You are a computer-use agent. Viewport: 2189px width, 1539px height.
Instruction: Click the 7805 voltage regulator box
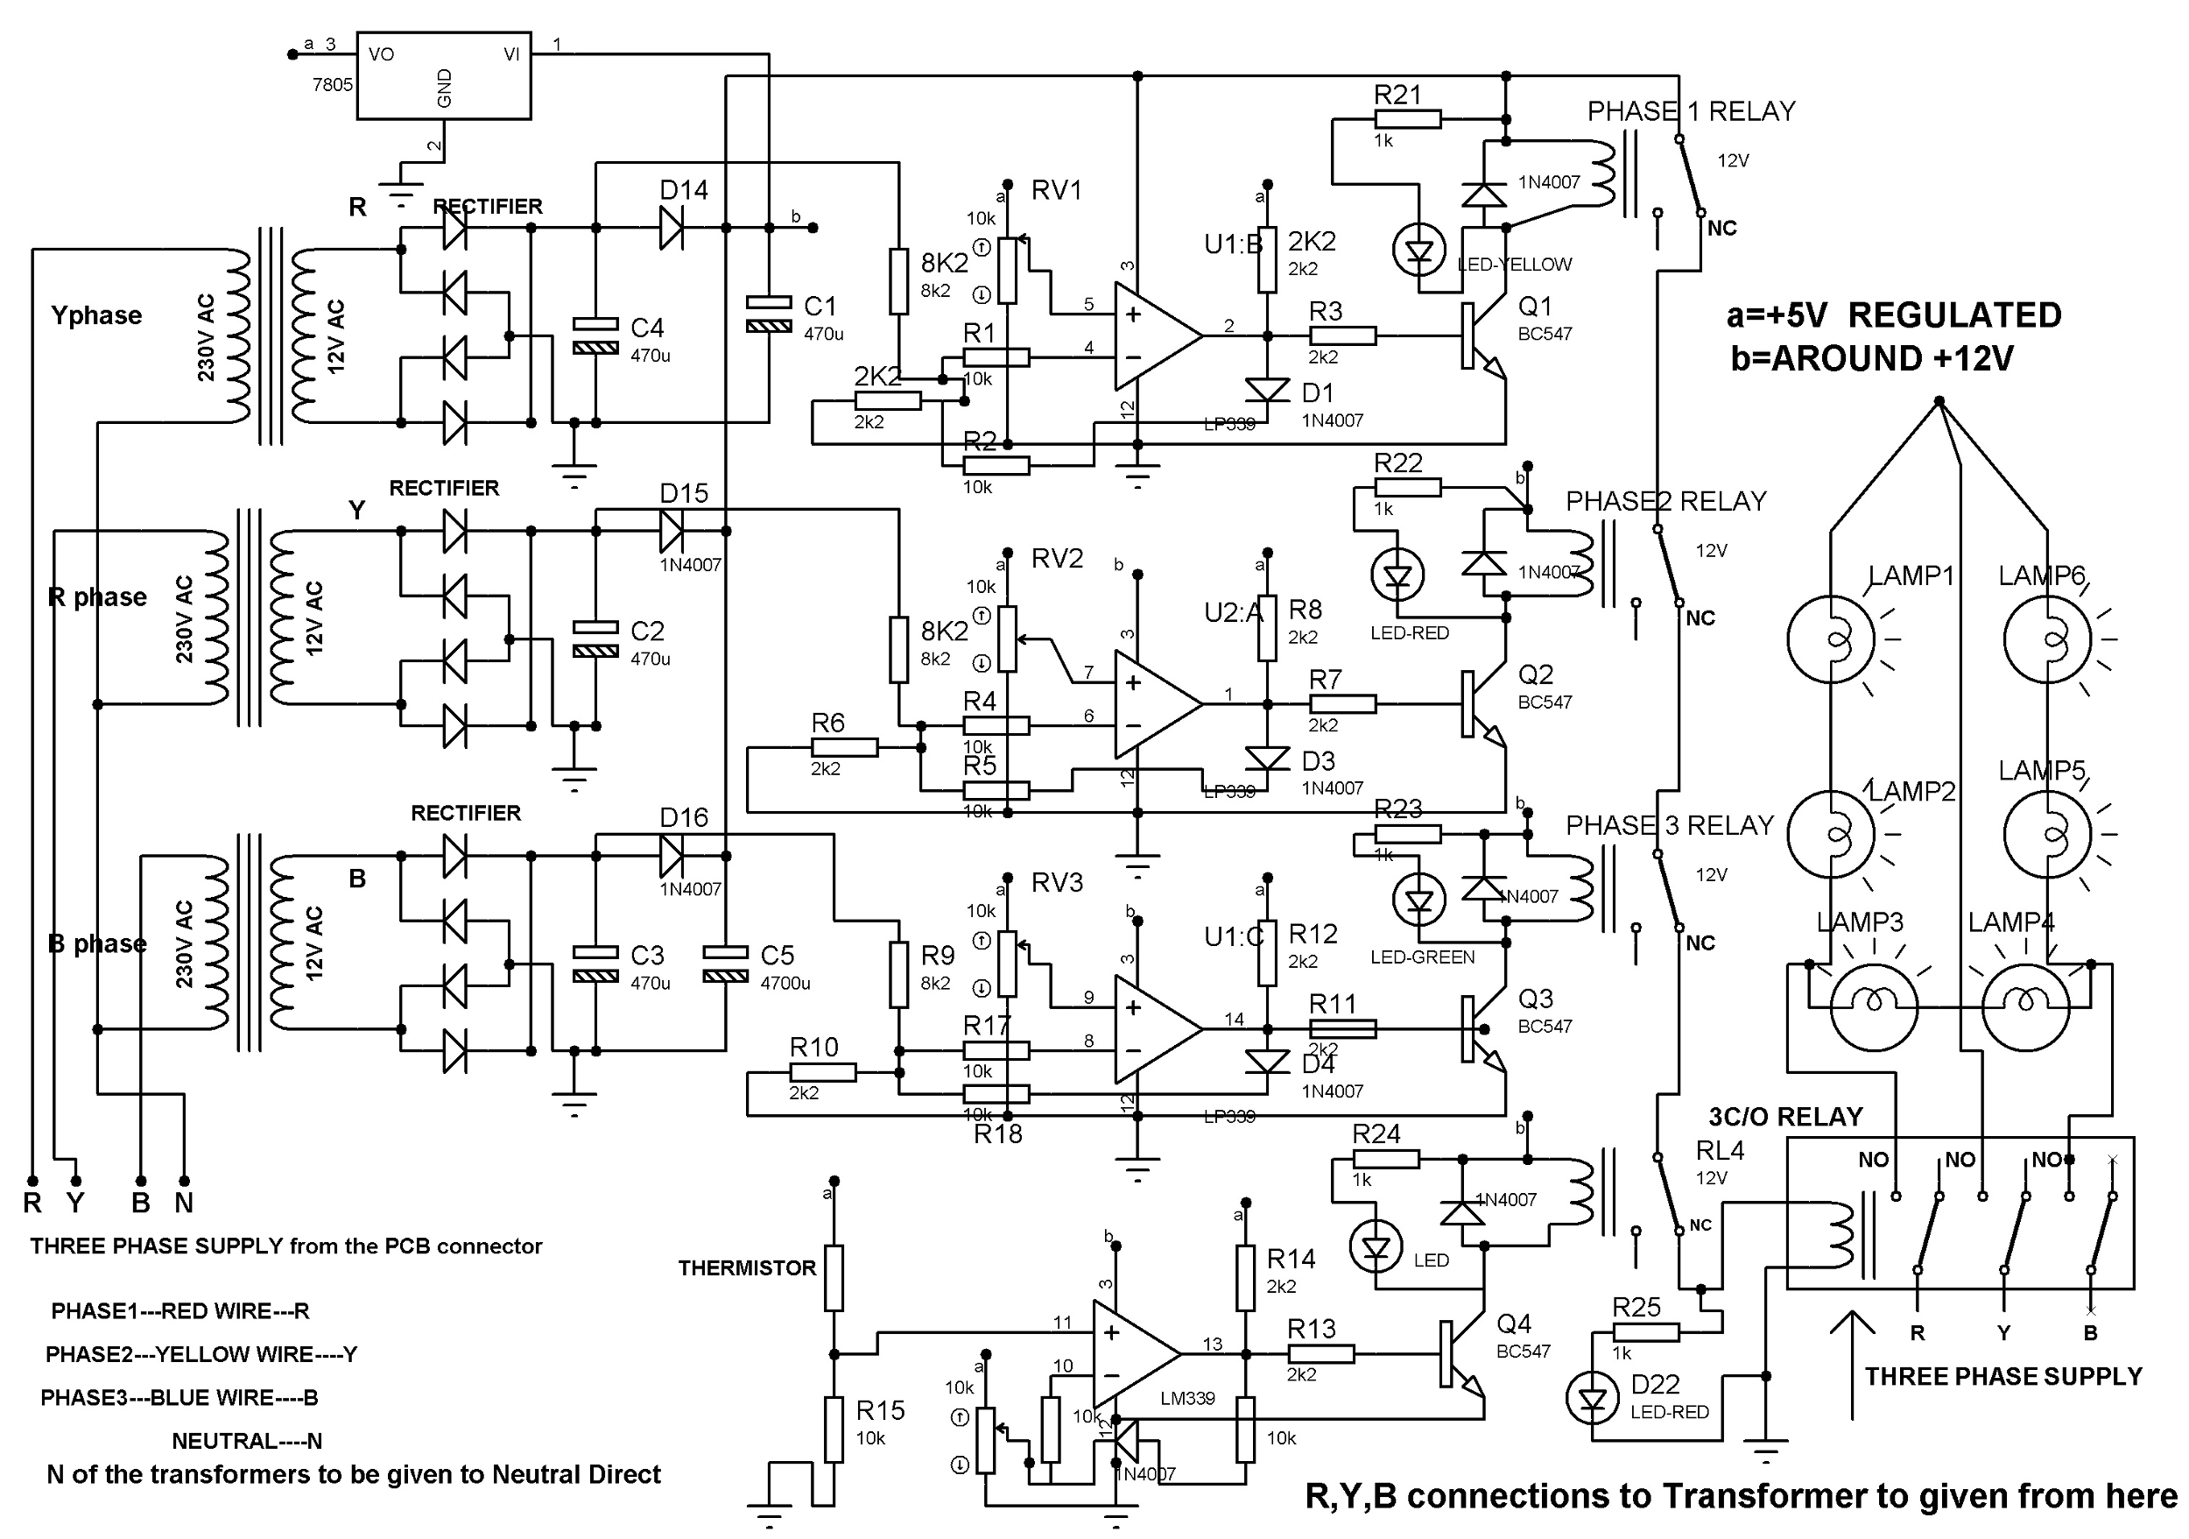pyautogui.click(x=443, y=76)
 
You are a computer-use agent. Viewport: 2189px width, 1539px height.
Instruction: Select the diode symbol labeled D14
pyautogui.click(x=672, y=228)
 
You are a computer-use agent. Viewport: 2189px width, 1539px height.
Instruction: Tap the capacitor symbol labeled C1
pyautogui.click(x=769, y=314)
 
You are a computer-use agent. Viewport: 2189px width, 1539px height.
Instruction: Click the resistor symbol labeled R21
pyautogui.click(x=1407, y=119)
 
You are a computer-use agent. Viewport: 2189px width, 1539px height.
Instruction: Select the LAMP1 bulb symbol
pyautogui.click(x=1831, y=639)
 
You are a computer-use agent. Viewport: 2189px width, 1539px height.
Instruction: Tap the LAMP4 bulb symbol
pyautogui.click(x=2025, y=999)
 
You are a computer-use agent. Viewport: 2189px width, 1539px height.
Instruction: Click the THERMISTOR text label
pyautogui.click(x=747, y=1268)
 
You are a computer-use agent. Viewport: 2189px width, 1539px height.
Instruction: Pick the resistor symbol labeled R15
pyautogui.click(x=834, y=1430)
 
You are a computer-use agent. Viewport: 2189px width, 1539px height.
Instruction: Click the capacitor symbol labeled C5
pyautogui.click(x=725, y=963)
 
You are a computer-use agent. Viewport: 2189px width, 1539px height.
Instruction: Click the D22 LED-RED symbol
pyautogui.click(x=1592, y=1399)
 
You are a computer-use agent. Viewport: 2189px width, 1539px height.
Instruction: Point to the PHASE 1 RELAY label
pyautogui.click(x=1691, y=111)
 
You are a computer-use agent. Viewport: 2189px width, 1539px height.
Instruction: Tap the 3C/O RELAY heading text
pyautogui.click(x=1784, y=1117)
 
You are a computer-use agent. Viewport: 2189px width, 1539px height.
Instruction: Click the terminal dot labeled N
pyautogui.click(x=184, y=1182)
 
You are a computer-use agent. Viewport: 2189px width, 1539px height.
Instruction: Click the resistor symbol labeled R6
pyautogui.click(x=844, y=747)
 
